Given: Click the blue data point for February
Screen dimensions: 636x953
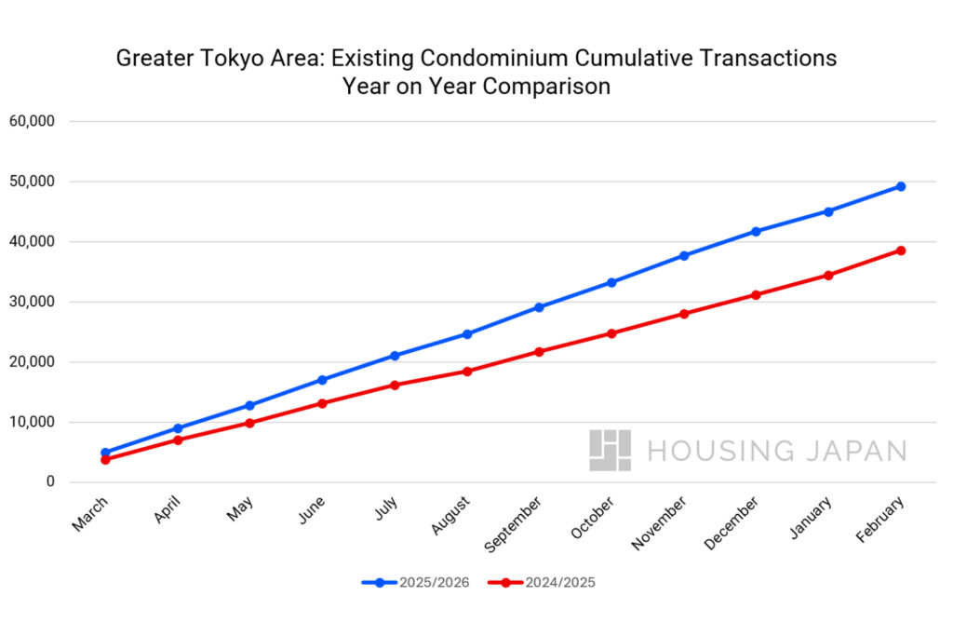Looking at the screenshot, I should (x=901, y=186).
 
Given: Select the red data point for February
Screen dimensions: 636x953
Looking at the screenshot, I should (x=901, y=250).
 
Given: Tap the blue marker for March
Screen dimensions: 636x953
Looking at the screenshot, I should (x=105, y=453).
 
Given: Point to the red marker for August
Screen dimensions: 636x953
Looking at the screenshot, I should (x=467, y=372).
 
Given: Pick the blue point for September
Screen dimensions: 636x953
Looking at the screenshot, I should (x=539, y=307).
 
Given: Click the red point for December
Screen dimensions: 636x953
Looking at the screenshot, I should (x=756, y=295).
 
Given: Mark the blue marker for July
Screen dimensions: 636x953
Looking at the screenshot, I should (x=395, y=356).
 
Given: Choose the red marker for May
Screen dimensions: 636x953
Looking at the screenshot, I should (x=249, y=423).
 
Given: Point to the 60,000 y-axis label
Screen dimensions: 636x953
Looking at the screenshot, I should (x=32, y=121).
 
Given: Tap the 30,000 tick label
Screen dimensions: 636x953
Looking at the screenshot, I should (x=32, y=302).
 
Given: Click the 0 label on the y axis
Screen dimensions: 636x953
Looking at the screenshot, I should (x=51, y=482).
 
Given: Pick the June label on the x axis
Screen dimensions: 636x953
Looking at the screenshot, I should (x=313, y=509).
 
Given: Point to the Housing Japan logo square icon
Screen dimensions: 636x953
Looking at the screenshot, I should (x=610, y=450).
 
